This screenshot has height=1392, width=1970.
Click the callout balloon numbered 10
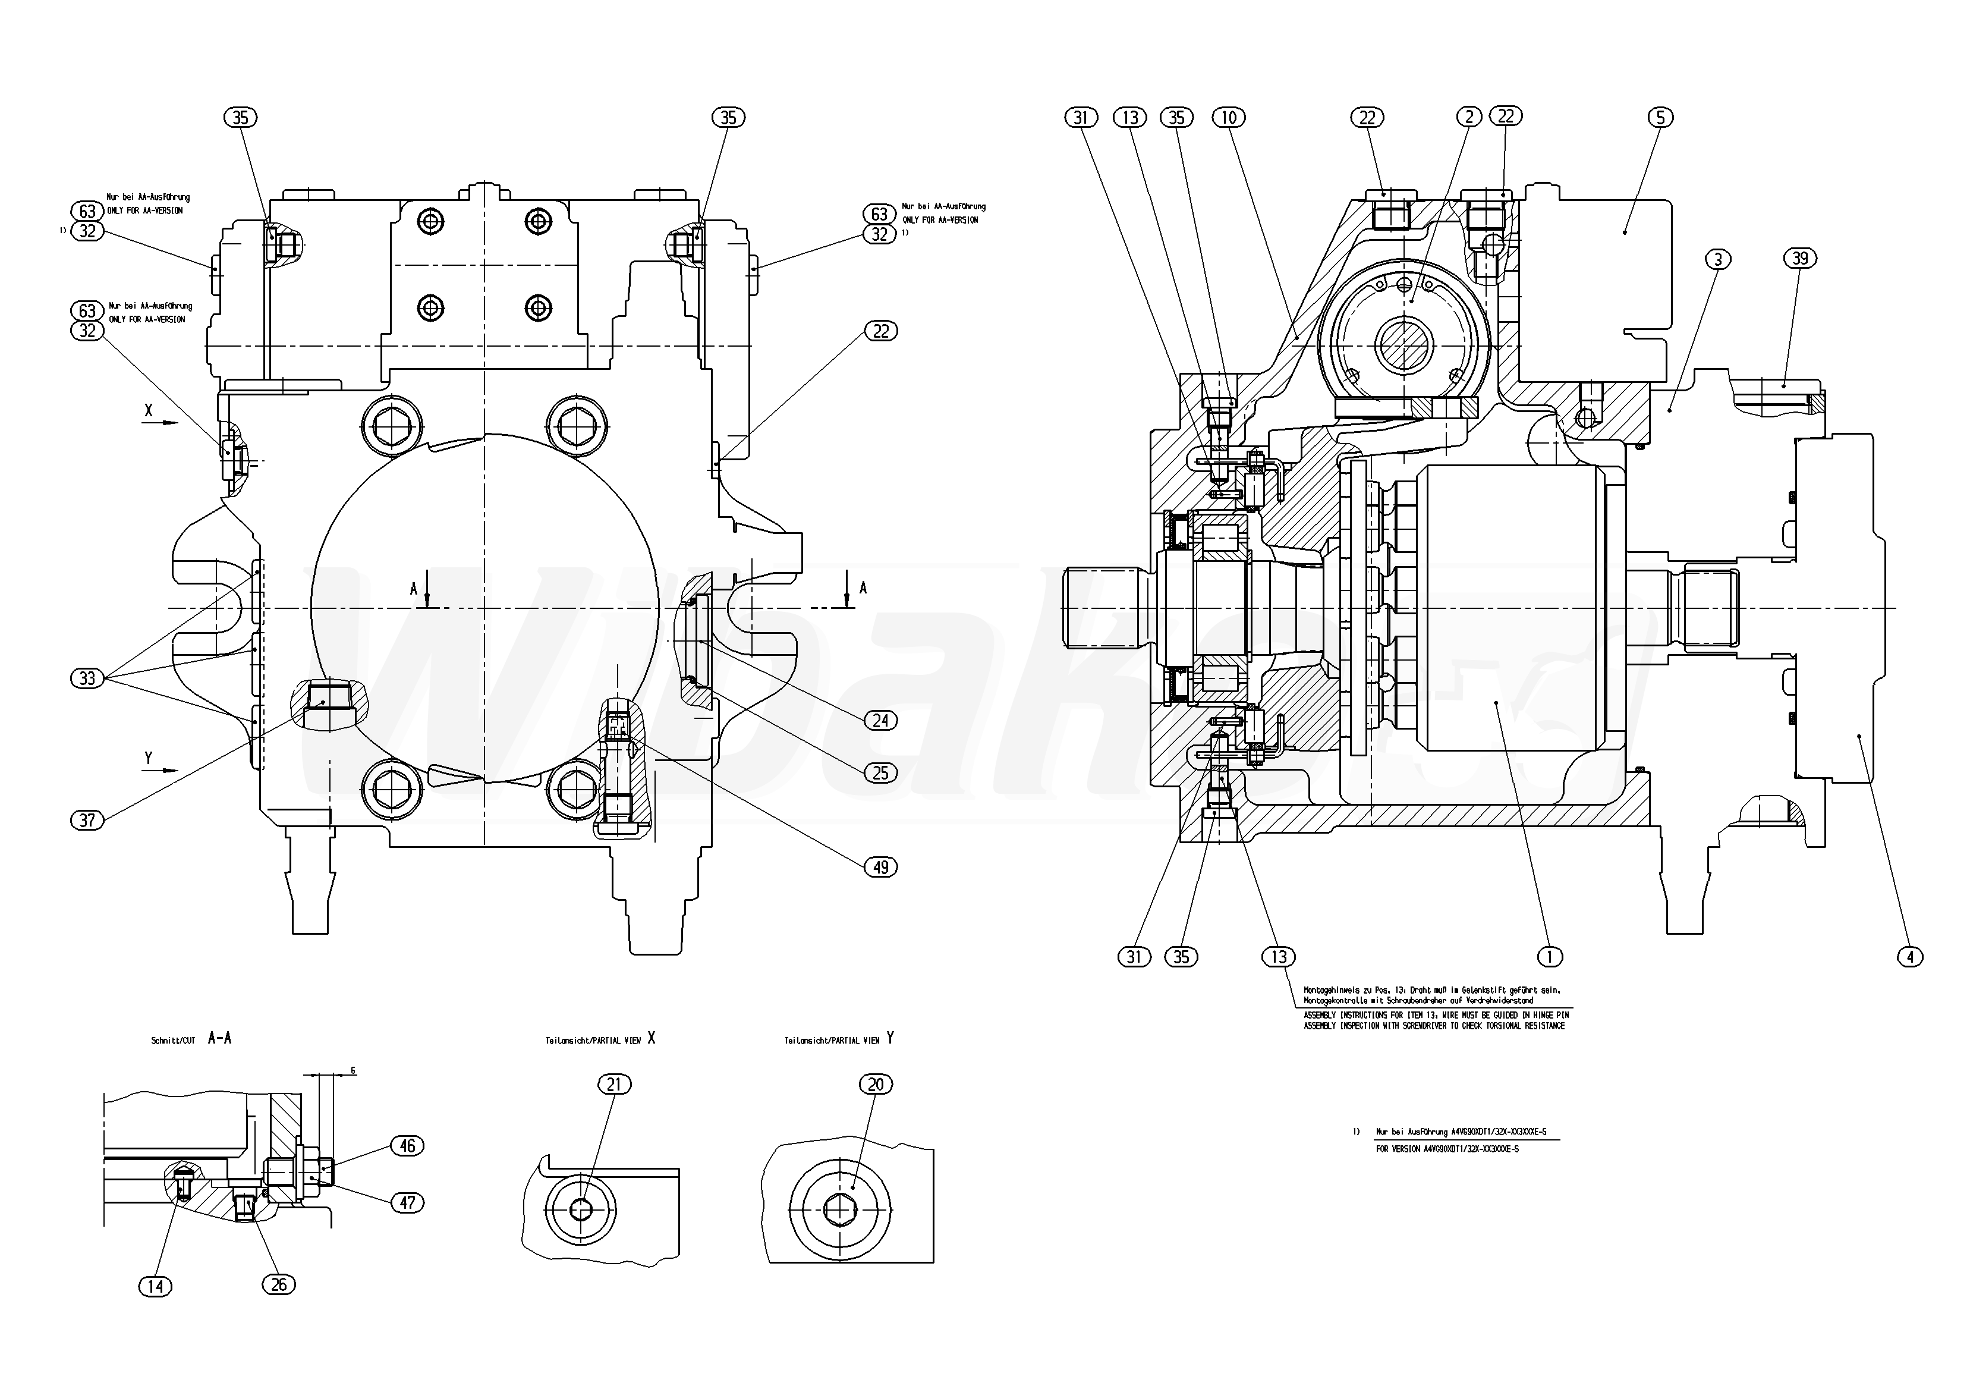1229,118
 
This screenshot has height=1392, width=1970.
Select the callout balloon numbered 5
1659,118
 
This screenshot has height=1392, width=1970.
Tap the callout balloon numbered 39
1800,258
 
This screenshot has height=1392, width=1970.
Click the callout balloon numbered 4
1909,956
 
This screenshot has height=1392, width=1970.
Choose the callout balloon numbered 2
1469,117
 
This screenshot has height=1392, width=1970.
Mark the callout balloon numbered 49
880,868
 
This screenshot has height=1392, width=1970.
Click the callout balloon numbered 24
880,721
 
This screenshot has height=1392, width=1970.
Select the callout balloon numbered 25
880,773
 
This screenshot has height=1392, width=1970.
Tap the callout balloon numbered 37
87,821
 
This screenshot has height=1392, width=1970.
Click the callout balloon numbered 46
407,1146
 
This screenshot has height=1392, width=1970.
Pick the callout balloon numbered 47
407,1203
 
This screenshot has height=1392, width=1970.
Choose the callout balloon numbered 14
155,1286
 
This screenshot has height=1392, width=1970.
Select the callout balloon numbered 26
278,1285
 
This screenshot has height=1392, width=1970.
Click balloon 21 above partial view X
613,1085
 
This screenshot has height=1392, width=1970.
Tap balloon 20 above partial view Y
875,1085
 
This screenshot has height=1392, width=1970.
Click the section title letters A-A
220,1038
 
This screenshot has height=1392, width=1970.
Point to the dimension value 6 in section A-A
353,1071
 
